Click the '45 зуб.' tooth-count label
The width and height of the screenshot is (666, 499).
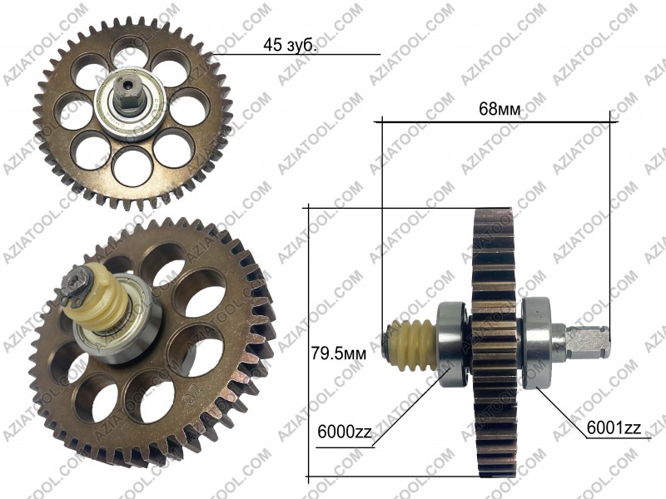click(290, 45)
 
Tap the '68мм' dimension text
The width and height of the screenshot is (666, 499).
click(499, 109)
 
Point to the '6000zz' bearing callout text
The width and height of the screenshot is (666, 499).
click(345, 432)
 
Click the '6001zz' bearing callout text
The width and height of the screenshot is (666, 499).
click(614, 427)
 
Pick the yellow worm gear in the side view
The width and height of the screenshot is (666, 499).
click(412, 343)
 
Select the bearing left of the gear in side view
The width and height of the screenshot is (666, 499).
click(453, 343)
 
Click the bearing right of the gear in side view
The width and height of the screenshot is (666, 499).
click(537, 343)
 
